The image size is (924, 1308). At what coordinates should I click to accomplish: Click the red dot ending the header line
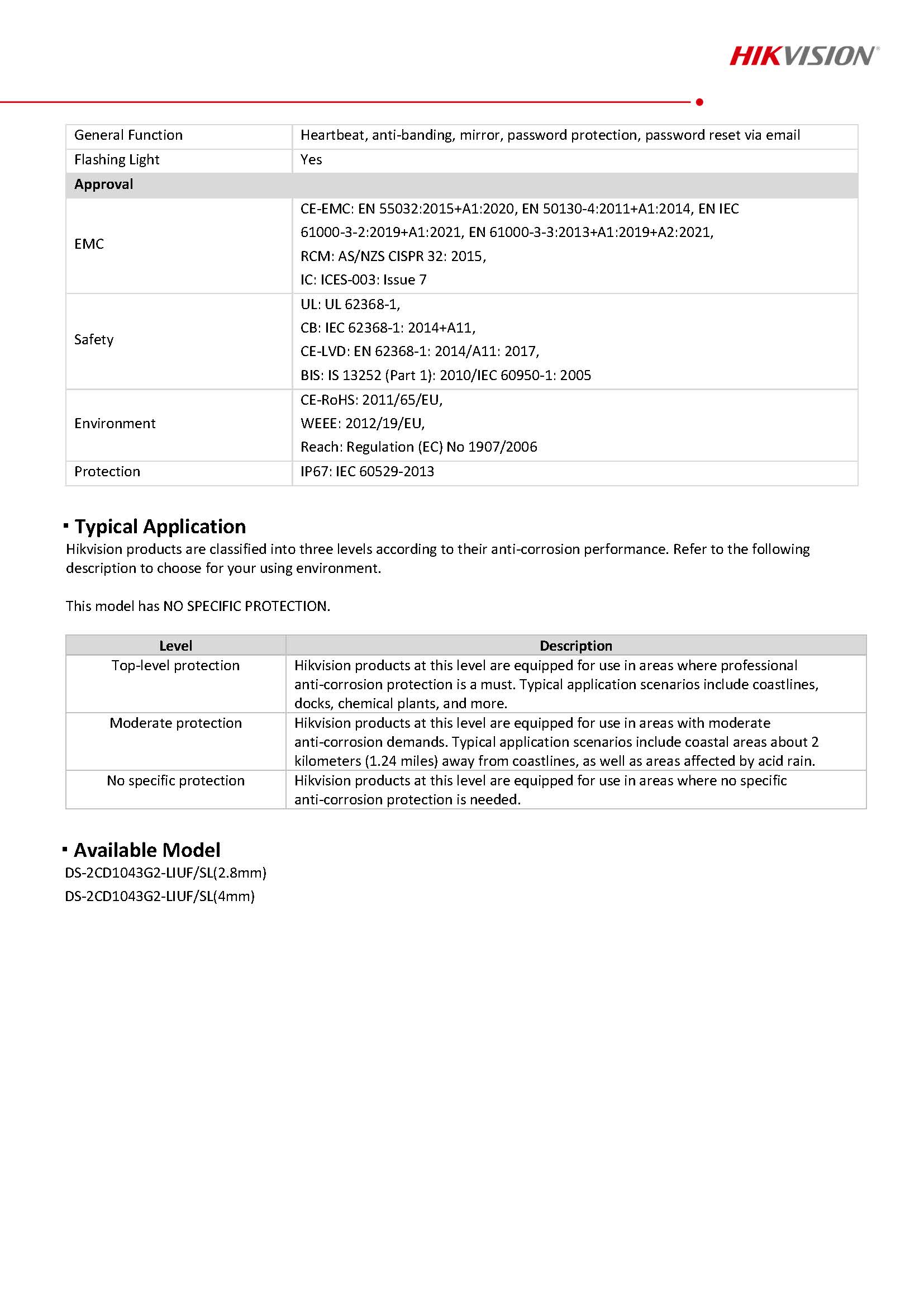point(699,102)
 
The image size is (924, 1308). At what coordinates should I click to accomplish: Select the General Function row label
point(128,135)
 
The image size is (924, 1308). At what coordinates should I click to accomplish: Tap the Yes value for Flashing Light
point(311,159)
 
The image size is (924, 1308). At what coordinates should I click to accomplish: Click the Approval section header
point(103,184)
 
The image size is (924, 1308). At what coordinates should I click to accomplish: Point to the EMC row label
point(89,244)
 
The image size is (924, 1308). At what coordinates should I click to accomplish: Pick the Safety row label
point(93,339)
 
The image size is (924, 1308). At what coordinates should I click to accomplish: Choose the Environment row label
point(115,423)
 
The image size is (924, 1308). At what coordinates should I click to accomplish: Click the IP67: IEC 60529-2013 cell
point(366,471)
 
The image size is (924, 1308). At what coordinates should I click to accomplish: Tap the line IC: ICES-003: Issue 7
point(363,279)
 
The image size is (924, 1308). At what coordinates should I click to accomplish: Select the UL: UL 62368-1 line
point(350,304)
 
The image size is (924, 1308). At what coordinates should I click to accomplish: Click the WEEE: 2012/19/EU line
point(362,423)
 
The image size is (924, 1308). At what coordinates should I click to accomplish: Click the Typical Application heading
point(160,527)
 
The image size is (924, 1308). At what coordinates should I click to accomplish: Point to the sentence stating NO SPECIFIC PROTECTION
point(198,605)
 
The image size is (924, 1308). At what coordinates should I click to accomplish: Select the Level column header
point(175,646)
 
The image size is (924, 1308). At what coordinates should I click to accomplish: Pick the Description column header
point(575,646)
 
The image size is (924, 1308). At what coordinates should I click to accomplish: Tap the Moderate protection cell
point(175,723)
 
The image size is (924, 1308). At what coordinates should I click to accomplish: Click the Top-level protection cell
point(175,665)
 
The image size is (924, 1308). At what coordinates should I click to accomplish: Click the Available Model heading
point(147,850)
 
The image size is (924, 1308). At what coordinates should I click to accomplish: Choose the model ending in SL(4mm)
point(159,896)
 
